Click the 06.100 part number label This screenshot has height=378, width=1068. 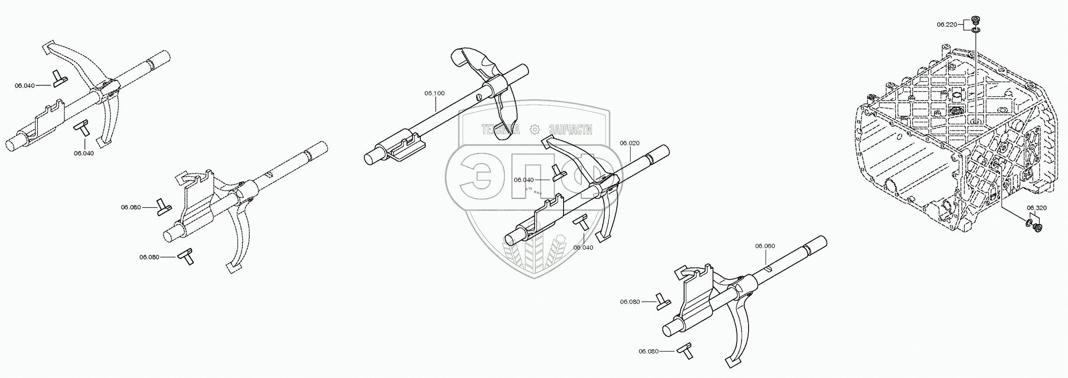(x=434, y=93)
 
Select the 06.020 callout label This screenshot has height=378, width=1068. (x=629, y=143)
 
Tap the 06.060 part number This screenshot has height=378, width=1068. (x=765, y=246)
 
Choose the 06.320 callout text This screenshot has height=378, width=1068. (x=1037, y=208)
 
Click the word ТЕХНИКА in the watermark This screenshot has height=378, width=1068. (x=500, y=129)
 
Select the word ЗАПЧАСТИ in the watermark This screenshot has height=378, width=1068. (x=571, y=129)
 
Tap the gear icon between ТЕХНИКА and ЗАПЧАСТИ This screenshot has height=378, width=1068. (x=534, y=129)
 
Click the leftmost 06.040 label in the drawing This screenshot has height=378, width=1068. (x=24, y=85)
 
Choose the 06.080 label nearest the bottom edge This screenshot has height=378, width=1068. (x=648, y=351)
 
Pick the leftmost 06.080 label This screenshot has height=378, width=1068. (x=131, y=207)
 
